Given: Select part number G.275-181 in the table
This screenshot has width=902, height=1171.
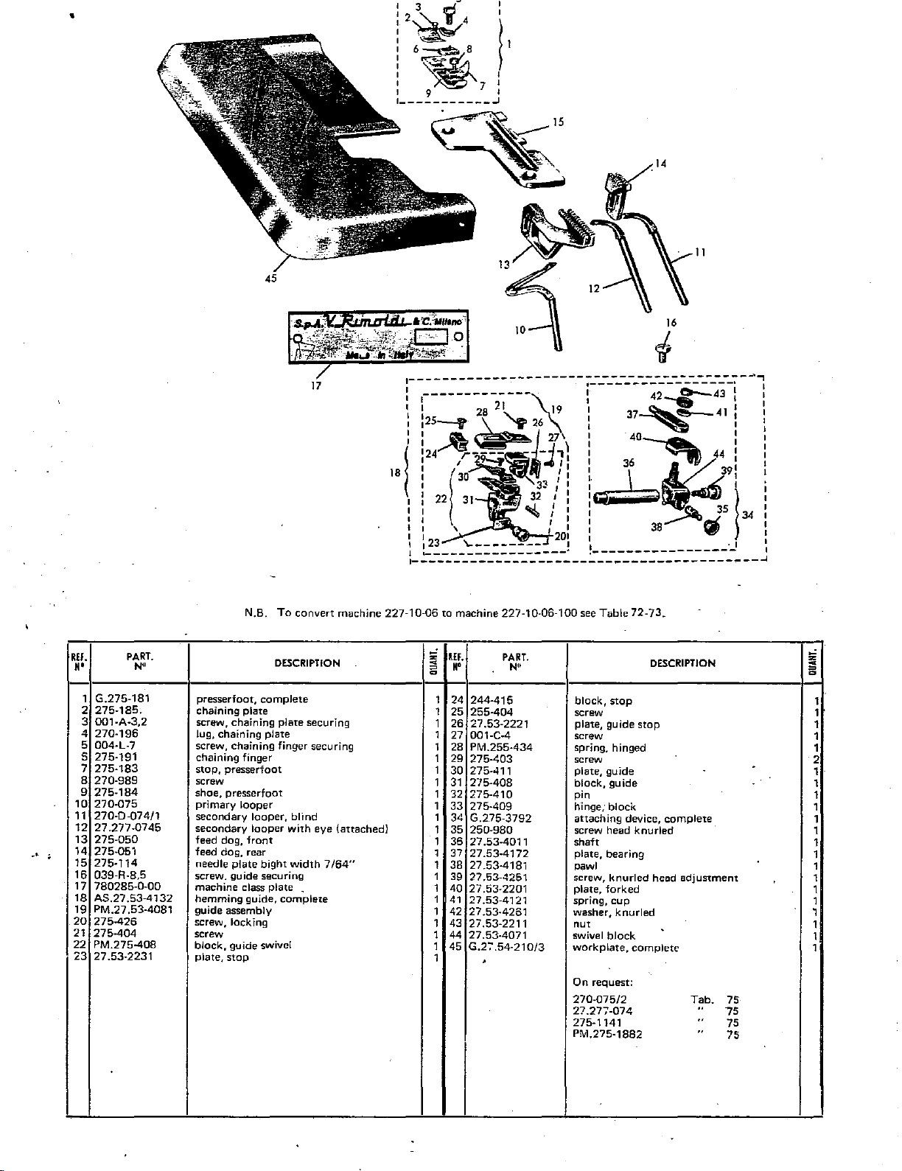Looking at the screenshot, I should (122, 699).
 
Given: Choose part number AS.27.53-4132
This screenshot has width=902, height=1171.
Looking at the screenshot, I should (133, 898).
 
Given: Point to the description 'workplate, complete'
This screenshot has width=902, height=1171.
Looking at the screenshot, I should (625, 948).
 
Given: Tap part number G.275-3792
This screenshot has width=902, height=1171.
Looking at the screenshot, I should (501, 818).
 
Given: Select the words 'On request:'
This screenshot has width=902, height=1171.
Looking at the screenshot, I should (603, 982).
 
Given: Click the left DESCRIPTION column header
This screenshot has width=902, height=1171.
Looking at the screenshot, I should (307, 663).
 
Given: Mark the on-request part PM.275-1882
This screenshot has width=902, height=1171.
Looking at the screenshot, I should (607, 1034).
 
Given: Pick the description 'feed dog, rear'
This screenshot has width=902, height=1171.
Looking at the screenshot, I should (230, 852).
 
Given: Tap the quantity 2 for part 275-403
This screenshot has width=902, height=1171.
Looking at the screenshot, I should (816, 759).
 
